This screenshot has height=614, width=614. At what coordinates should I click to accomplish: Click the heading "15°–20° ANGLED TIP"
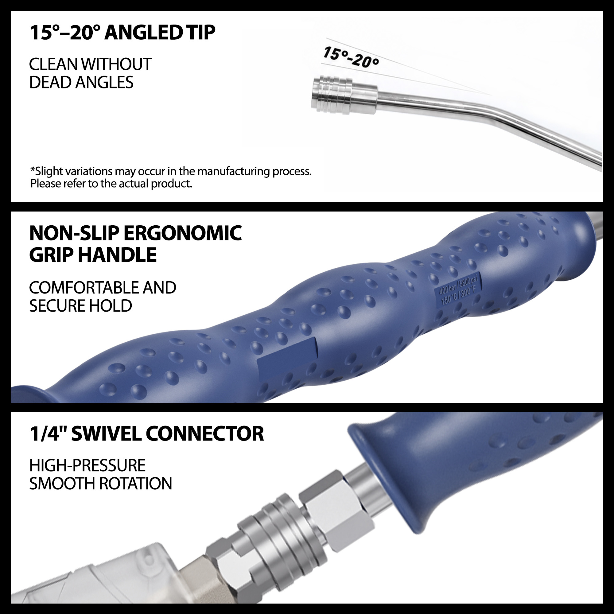[122, 33]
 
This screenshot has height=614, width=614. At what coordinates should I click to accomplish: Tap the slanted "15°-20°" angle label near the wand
[351, 57]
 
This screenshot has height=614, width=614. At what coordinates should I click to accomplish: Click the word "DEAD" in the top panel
[50, 82]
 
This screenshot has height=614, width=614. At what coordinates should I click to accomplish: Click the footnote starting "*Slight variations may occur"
[171, 177]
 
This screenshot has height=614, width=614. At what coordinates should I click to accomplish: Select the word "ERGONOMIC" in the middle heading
[182, 233]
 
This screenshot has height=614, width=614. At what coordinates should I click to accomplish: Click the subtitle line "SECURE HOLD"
[80, 306]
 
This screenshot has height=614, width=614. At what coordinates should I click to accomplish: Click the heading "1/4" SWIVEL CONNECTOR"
[146, 434]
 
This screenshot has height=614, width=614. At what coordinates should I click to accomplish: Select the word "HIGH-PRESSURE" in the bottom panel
[87, 466]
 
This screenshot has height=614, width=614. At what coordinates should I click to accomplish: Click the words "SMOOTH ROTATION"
[100, 484]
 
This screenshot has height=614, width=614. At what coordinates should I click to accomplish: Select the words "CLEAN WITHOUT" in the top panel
[90, 64]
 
